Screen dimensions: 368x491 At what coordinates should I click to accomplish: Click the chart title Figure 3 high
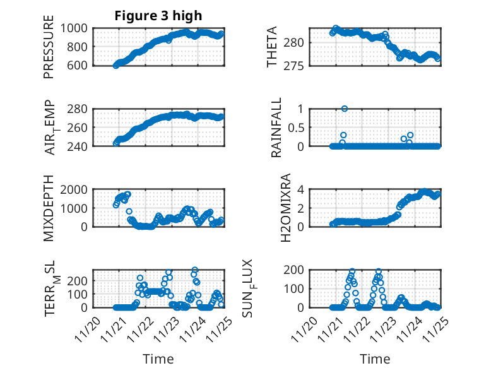pyautogui.click(x=158, y=16)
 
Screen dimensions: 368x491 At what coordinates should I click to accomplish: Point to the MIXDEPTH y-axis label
pyautogui.click(x=49, y=209)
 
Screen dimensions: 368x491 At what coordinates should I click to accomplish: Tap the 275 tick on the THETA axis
pyautogui.click(x=297, y=65)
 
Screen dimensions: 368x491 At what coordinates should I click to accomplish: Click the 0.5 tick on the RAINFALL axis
pyautogui.click(x=298, y=127)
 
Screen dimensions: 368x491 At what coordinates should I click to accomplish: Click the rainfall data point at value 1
pyautogui.click(x=345, y=109)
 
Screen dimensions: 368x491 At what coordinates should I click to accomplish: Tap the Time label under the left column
pyautogui.click(x=158, y=359)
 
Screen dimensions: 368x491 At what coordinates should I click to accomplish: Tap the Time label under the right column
pyautogui.click(x=375, y=359)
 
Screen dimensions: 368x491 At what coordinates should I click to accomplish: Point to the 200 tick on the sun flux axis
pyautogui.click(x=297, y=270)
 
